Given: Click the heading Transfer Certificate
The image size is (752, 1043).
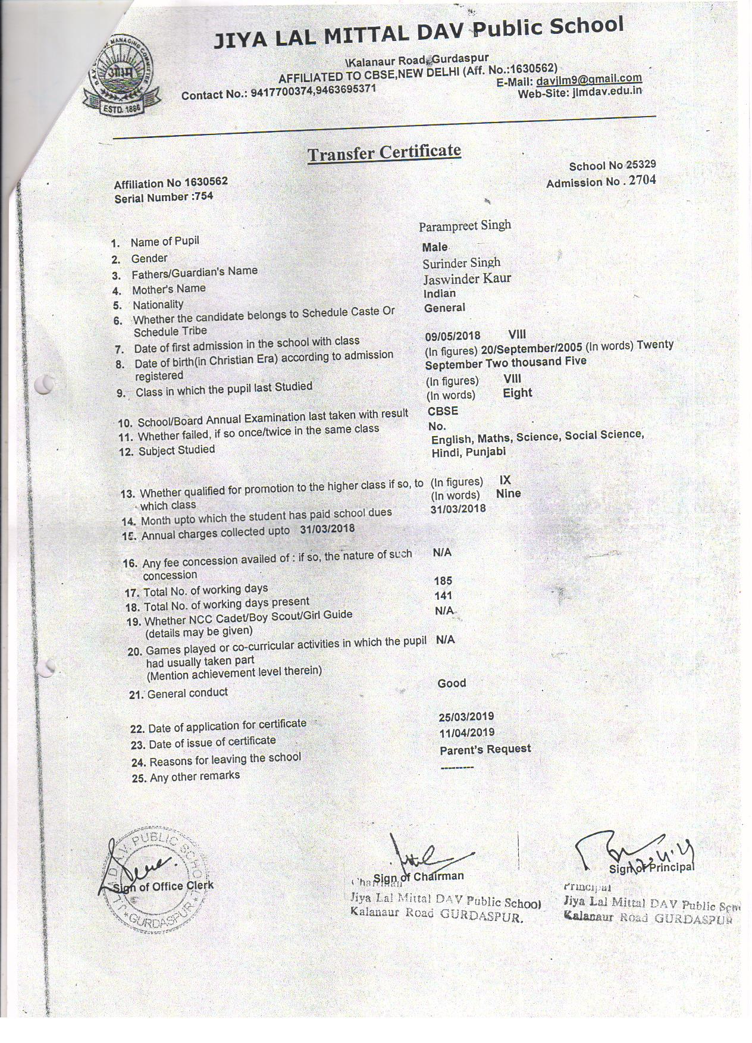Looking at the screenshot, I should coord(384,152).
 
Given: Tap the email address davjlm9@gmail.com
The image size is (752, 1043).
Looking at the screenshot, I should coord(588,79).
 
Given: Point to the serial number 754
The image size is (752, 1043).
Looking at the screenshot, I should coord(202,196).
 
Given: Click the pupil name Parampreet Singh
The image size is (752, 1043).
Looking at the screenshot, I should coord(465,225).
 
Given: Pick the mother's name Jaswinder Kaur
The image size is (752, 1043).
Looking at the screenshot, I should coord(467,278).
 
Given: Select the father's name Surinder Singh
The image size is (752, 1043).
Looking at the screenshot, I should coord(462,263).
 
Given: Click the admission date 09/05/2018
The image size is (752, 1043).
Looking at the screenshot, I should coord(453,336).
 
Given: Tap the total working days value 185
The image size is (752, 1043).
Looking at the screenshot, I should coord(443,581).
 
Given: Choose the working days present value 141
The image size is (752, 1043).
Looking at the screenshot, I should coord(443,596).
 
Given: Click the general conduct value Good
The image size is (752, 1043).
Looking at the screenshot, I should coord(452,683).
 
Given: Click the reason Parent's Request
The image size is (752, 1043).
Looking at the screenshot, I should coord(485,749).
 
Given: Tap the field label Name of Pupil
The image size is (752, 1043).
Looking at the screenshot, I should coord(165,241).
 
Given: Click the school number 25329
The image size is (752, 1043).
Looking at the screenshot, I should coord(641,165).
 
